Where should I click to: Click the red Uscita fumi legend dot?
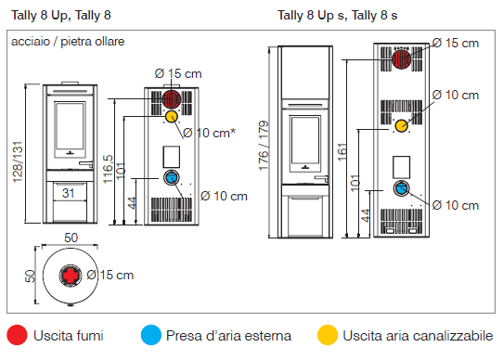click(17, 335)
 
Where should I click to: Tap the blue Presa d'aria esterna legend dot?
click(150, 335)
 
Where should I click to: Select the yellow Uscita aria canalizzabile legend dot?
click(328, 335)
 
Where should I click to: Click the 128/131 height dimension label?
click(18, 162)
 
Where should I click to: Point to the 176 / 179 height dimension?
click(264, 146)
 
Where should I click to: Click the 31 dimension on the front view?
click(69, 193)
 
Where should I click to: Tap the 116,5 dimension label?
click(108, 169)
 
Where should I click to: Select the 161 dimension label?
click(342, 152)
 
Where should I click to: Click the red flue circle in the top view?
click(71, 276)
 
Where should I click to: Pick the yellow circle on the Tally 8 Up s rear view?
click(401, 126)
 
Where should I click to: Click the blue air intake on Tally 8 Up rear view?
click(172, 178)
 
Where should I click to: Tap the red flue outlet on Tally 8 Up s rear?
click(401, 59)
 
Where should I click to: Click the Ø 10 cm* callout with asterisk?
click(209, 133)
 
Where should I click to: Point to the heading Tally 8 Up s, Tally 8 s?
click(338, 15)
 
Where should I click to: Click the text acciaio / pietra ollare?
click(68, 42)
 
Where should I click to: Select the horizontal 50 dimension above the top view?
click(71, 238)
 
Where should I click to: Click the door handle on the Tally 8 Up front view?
click(86, 164)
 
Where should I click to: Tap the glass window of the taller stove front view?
click(305, 140)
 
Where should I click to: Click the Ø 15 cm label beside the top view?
click(110, 276)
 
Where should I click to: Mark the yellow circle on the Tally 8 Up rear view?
click(172, 117)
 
